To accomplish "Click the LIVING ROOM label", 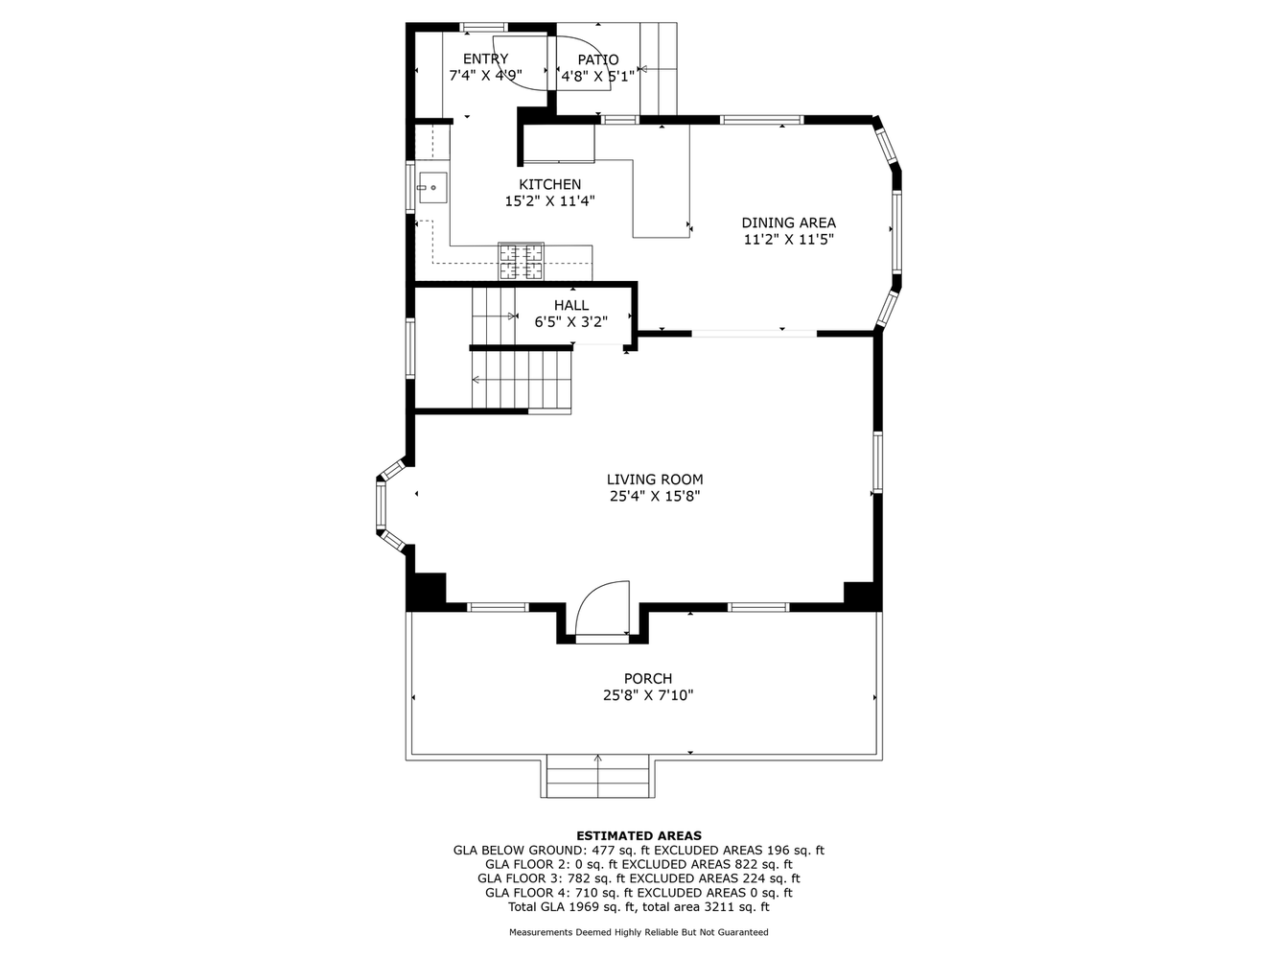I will (x=654, y=479).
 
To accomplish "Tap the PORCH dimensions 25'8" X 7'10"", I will (x=647, y=695).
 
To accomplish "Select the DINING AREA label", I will (x=788, y=223).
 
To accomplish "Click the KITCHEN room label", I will (x=549, y=185).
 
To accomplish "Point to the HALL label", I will (x=570, y=306).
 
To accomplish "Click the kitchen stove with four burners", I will (x=521, y=262).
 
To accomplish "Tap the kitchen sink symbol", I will (x=430, y=186).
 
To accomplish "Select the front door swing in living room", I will (x=602, y=610).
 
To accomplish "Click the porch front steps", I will (x=598, y=777).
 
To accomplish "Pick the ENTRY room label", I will (x=485, y=59).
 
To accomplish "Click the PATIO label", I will (x=597, y=59).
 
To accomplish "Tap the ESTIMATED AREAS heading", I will (x=639, y=836).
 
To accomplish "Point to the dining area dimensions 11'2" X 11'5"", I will (x=788, y=241).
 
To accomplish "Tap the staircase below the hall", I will (x=523, y=379).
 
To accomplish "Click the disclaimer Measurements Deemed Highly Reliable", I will (x=639, y=932).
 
